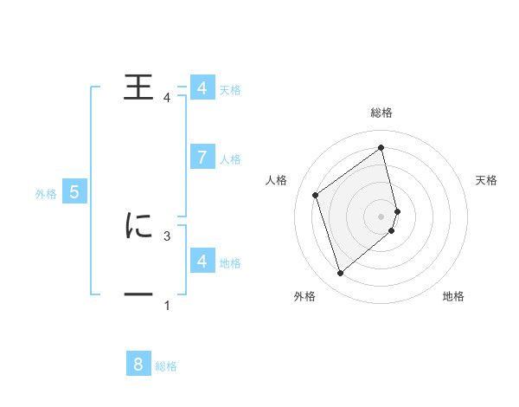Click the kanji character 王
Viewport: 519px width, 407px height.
(138, 87)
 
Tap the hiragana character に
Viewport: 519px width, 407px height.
(138, 225)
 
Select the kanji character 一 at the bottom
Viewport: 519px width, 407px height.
(138, 295)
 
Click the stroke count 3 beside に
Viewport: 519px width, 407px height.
(167, 235)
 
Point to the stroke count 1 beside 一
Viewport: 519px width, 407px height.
(167, 305)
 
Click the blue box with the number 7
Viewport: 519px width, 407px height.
(202, 157)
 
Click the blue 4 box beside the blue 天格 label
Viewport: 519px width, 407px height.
(202, 87)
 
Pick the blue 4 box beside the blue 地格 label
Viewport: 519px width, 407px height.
(202, 261)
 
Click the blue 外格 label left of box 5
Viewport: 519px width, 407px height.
(46, 194)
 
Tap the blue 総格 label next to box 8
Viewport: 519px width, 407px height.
(166, 366)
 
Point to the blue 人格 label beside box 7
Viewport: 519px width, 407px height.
(230, 159)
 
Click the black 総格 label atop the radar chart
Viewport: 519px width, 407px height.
(381, 113)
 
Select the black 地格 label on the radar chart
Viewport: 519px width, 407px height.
(453, 296)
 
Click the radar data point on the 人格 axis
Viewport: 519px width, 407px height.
(315, 195)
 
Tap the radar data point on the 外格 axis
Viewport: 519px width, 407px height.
(340, 274)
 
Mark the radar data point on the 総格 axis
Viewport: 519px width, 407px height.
(381, 147)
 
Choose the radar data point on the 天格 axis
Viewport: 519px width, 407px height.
(398, 210)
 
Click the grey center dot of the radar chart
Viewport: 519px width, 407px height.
(381, 216)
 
